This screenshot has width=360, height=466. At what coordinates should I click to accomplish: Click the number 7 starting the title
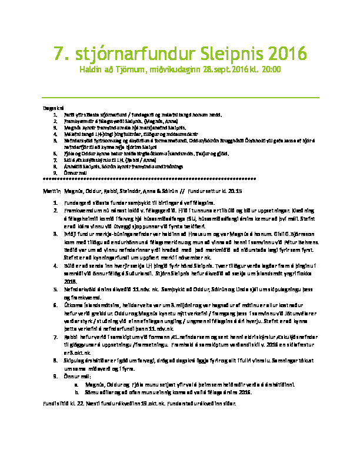(58, 54)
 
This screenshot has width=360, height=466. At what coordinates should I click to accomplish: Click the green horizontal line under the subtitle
(180, 97)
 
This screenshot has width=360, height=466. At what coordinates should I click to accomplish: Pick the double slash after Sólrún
(182, 192)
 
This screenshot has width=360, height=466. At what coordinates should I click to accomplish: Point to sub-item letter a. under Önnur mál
(76, 384)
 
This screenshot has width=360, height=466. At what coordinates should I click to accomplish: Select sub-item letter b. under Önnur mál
(76, 391)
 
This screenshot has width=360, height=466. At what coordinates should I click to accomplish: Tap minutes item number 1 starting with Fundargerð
(55, 201)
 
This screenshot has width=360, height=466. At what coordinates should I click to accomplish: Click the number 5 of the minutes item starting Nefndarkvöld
(55, 291)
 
